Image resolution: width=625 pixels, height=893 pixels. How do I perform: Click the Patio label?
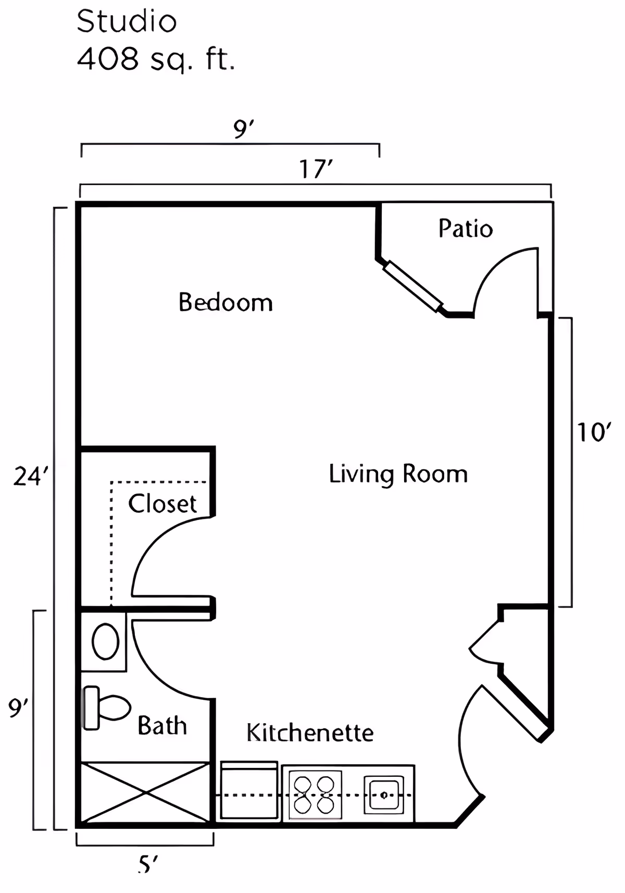(466, 228)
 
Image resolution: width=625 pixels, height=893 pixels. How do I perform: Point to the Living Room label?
(398, 475)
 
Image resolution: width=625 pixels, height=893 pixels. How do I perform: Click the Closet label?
(162, 503)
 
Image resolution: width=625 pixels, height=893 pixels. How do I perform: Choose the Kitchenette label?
(310, 733)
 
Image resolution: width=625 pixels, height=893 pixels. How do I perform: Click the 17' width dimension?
(316, 169)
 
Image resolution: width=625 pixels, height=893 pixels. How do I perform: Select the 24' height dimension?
(31, 476)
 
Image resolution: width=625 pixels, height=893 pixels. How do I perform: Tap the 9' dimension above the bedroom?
(244, 129)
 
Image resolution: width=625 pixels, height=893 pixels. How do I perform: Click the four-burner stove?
(315, 795)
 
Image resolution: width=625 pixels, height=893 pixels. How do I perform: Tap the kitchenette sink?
(383, 795)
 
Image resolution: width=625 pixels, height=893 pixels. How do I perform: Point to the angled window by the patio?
(413, 286)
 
